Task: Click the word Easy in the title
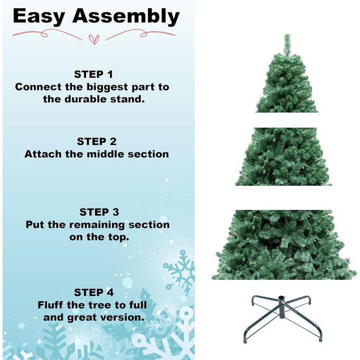click(39, 16)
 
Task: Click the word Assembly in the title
click(126, 16)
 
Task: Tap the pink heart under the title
click(94, 39)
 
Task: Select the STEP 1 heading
click(94, 75)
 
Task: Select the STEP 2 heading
click(97, 141)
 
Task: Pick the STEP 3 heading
click(99, 212)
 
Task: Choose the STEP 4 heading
click(94, 292)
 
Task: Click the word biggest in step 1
click(107, 87)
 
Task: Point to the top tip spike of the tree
click(287, 35)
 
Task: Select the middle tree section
click(283, 156)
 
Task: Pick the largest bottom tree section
click(284, 245)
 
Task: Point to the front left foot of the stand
click(246, 339)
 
